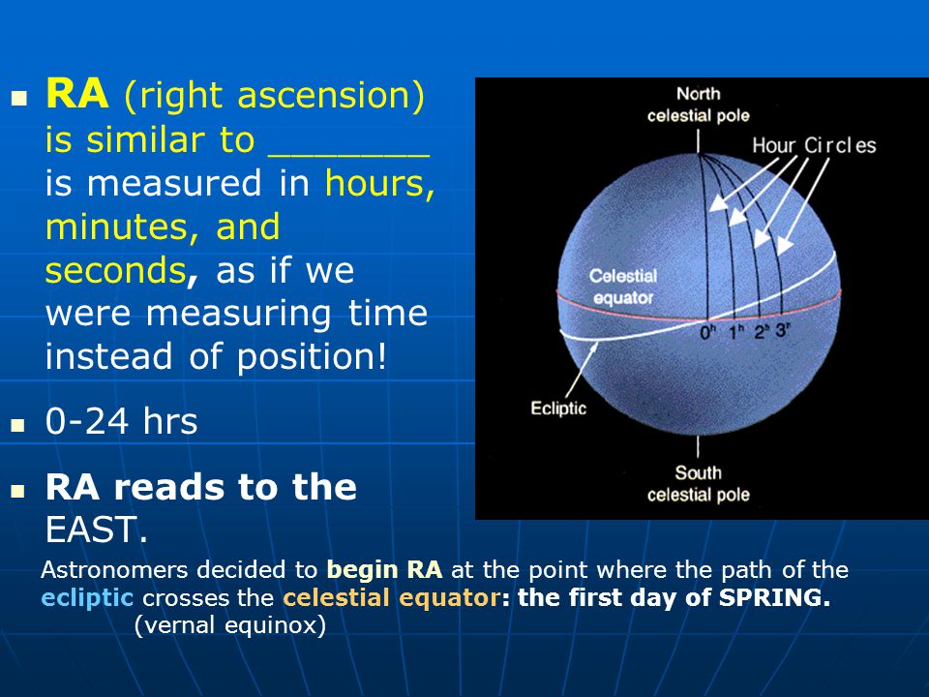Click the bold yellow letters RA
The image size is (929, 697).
[x=77, y=94]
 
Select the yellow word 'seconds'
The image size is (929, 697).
[x=116, y=271]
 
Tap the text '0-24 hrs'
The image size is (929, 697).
[x=122, y=421]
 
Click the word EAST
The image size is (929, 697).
[x=96, y=530]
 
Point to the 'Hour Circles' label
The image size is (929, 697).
[x=814, y=145]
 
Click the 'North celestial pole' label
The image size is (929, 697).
[x=699, y=105]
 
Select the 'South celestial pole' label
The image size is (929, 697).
[x=699, y=484]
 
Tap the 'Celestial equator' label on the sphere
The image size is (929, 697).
[x=623, y=287]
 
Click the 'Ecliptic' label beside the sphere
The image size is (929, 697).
[x=558, y=409]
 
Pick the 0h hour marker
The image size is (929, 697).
[x=708, y=332]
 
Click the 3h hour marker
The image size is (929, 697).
[x=783, y=329]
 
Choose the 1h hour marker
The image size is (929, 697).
[x=736, y=332]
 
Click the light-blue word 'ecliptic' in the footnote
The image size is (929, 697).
[x=87, y=597]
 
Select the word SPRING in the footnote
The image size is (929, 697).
[x=774, y=597]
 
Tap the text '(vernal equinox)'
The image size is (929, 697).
[x=230, y=624]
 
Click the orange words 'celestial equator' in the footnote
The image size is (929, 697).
[x=392, y=597]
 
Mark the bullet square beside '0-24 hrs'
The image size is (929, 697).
[x=18, y=425]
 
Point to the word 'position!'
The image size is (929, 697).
[x=312, y=357]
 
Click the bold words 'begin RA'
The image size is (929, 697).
[x=384, y=569]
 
